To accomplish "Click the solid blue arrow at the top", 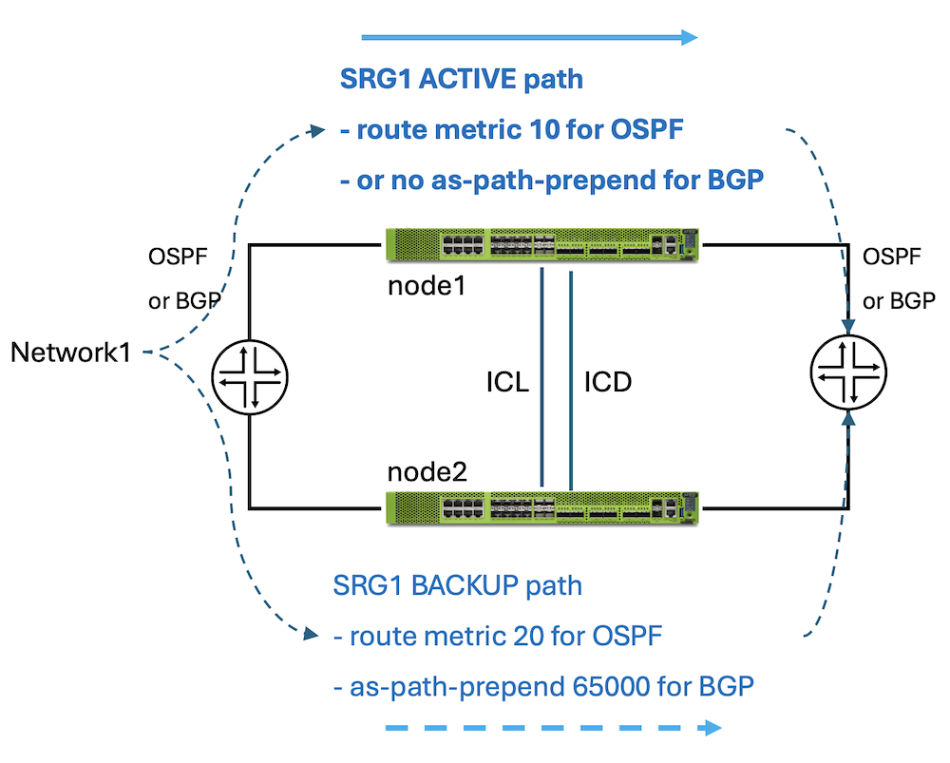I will [529, 38].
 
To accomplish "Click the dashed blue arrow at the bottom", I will [552, 729].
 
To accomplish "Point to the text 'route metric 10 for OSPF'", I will [519, 130].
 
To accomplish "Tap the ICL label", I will [505, 382].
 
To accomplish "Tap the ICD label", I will [607, 382].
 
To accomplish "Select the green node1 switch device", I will [541, 245].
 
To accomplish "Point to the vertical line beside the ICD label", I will [571, 380].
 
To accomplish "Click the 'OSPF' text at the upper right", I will [891, 256].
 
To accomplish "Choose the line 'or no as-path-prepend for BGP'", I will [551, 181].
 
